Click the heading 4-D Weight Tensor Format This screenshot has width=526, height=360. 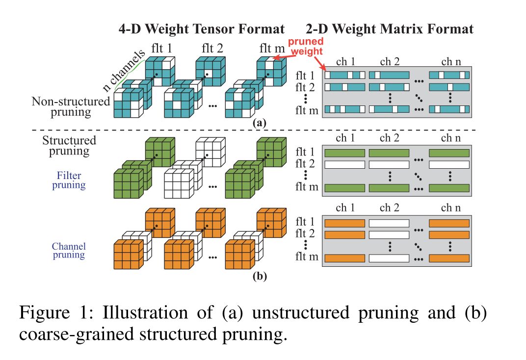[202, 29]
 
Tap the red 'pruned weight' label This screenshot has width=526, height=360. [305, 47]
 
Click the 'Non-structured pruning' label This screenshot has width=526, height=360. [71, 106]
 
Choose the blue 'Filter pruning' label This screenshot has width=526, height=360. [69, 180]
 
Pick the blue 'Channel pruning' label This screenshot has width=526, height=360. [69, 250]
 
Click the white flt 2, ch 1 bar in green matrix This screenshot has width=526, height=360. [344, 165]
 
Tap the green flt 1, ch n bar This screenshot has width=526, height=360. [449, 153]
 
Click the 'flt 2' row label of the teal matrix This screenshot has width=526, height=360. [308, 87]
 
